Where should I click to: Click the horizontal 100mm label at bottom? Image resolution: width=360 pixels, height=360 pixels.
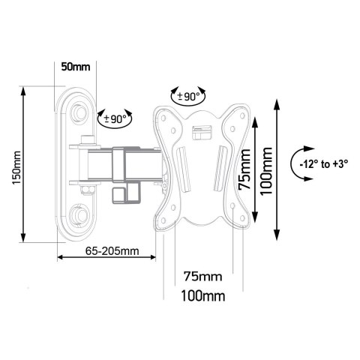pyautogui.click(x=202, y=295)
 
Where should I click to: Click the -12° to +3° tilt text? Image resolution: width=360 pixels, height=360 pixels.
pyautogui.click(x=325, y=163)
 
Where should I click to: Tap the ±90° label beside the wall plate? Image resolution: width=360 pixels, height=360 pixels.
pyautogui.click(x=116, y=117)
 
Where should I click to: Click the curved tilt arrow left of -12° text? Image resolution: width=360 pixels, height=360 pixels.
pyautogui.click(x=298, y=163)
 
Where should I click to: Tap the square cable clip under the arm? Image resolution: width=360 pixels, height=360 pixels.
pyautogui.click(x=121, y=193)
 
